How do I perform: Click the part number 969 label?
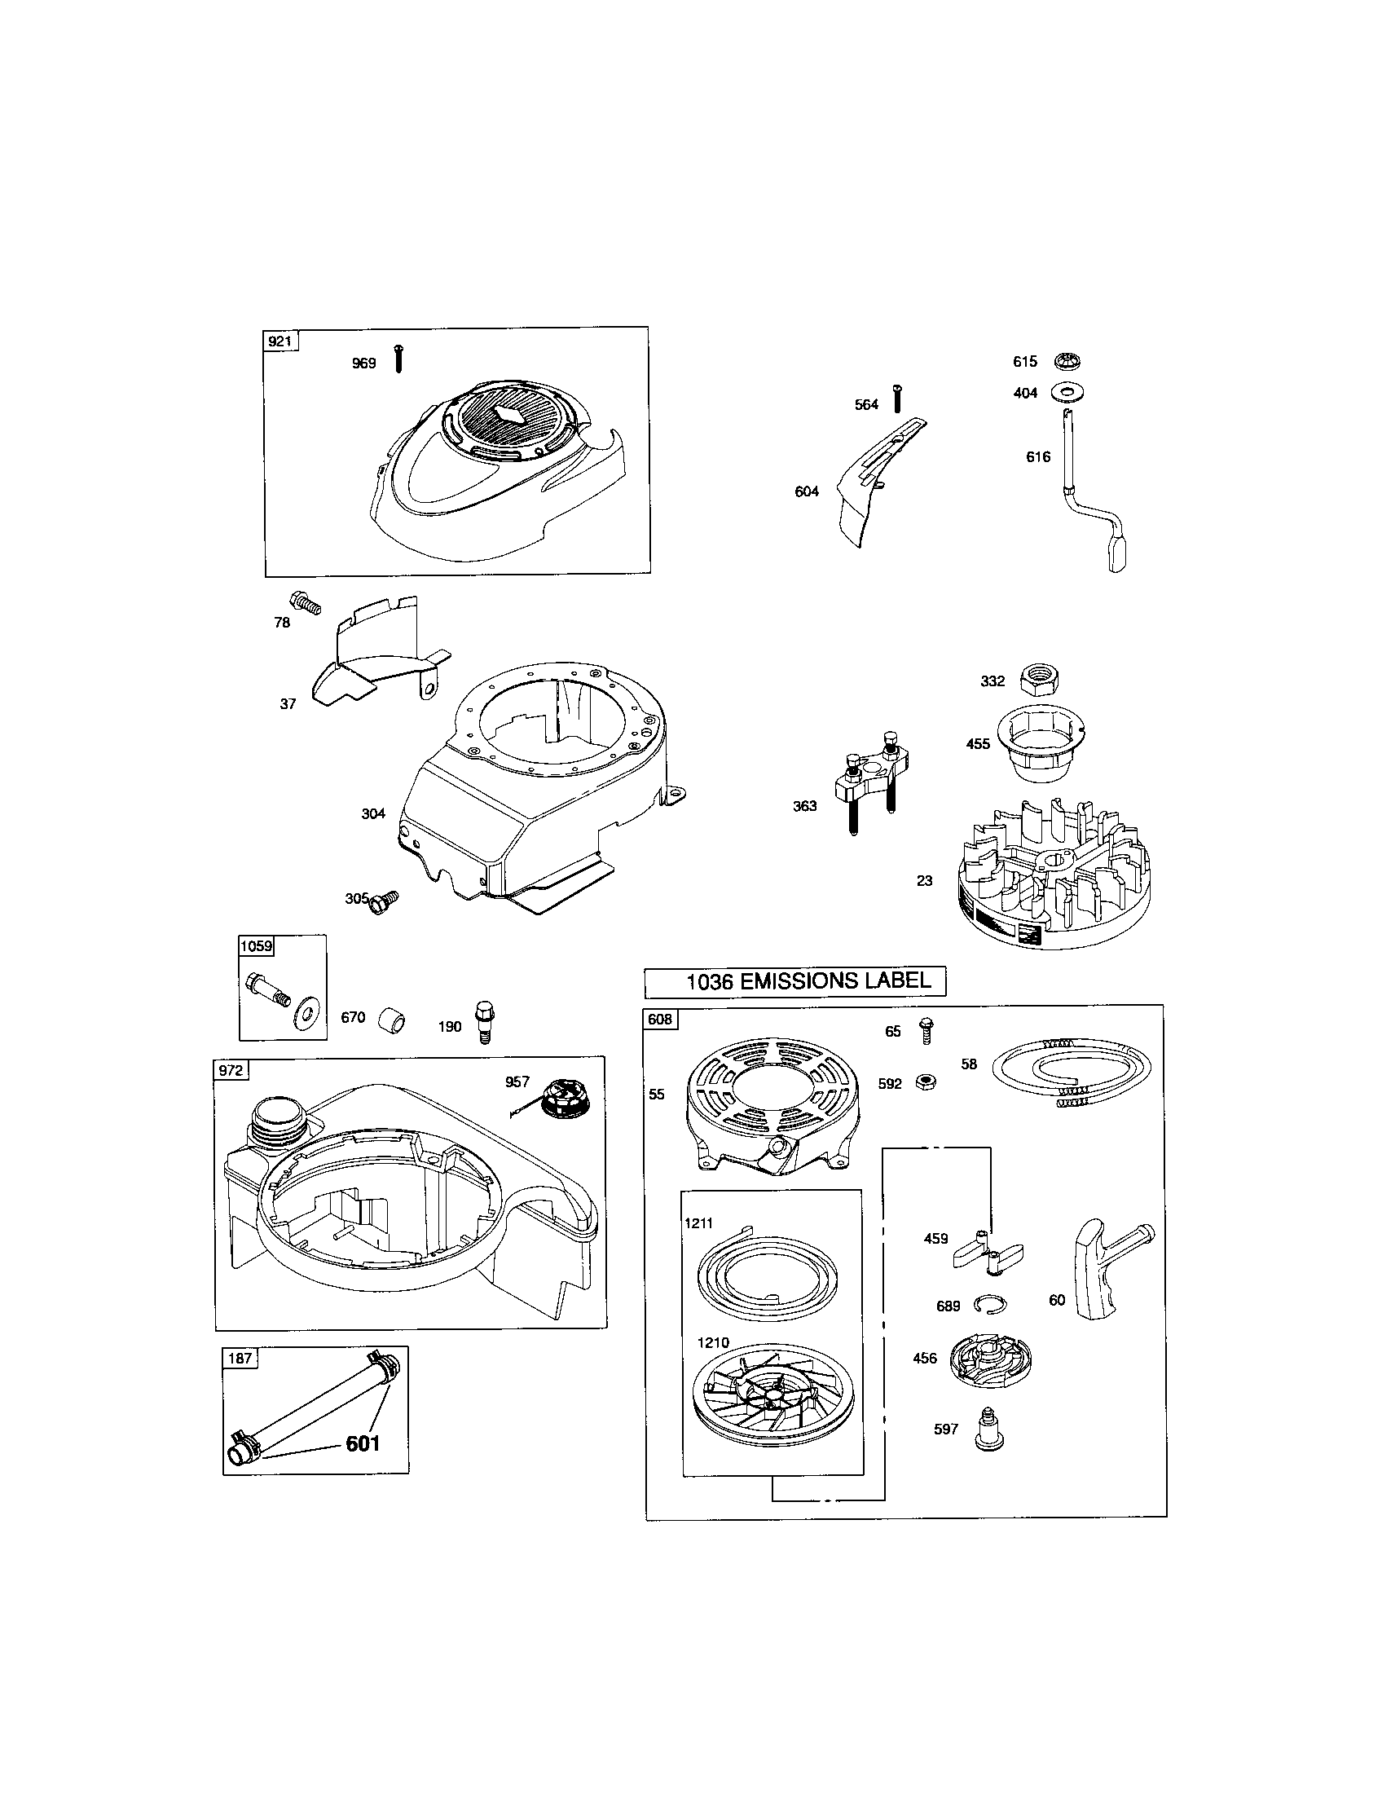[x=363, y=363]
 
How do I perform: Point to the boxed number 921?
[x=280, y=341]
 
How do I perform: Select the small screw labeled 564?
[x=898, y=399]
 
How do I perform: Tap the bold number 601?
[x=363, y=1465]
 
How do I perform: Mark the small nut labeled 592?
[x=926, y=1082]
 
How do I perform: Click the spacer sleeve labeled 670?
[x=393, y=1022]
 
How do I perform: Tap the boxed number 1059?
[x=255, y=945]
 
